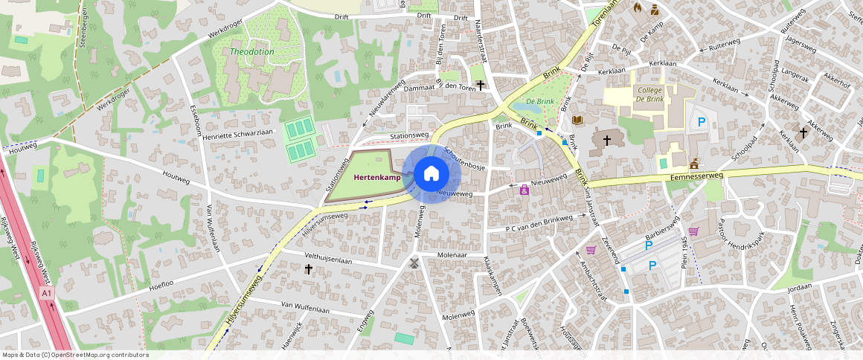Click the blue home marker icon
pyautogui.click(x=431, y=174)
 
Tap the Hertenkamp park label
pyautogui.click(x=376, y=177)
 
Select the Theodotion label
pyautogui.click(x=252, y=52)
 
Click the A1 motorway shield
pyautogui.click(x=47, y=294)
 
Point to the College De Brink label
pyautogui.click(x=649, y=94)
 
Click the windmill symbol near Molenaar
pyautogui.click(x=414, y=262)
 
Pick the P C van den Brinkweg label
pyautogui.click(x=539, y=223)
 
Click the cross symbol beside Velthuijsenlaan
pyautogui.click(x=309, y=269)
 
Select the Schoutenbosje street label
pyautogui.click(x=464, y=157)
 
